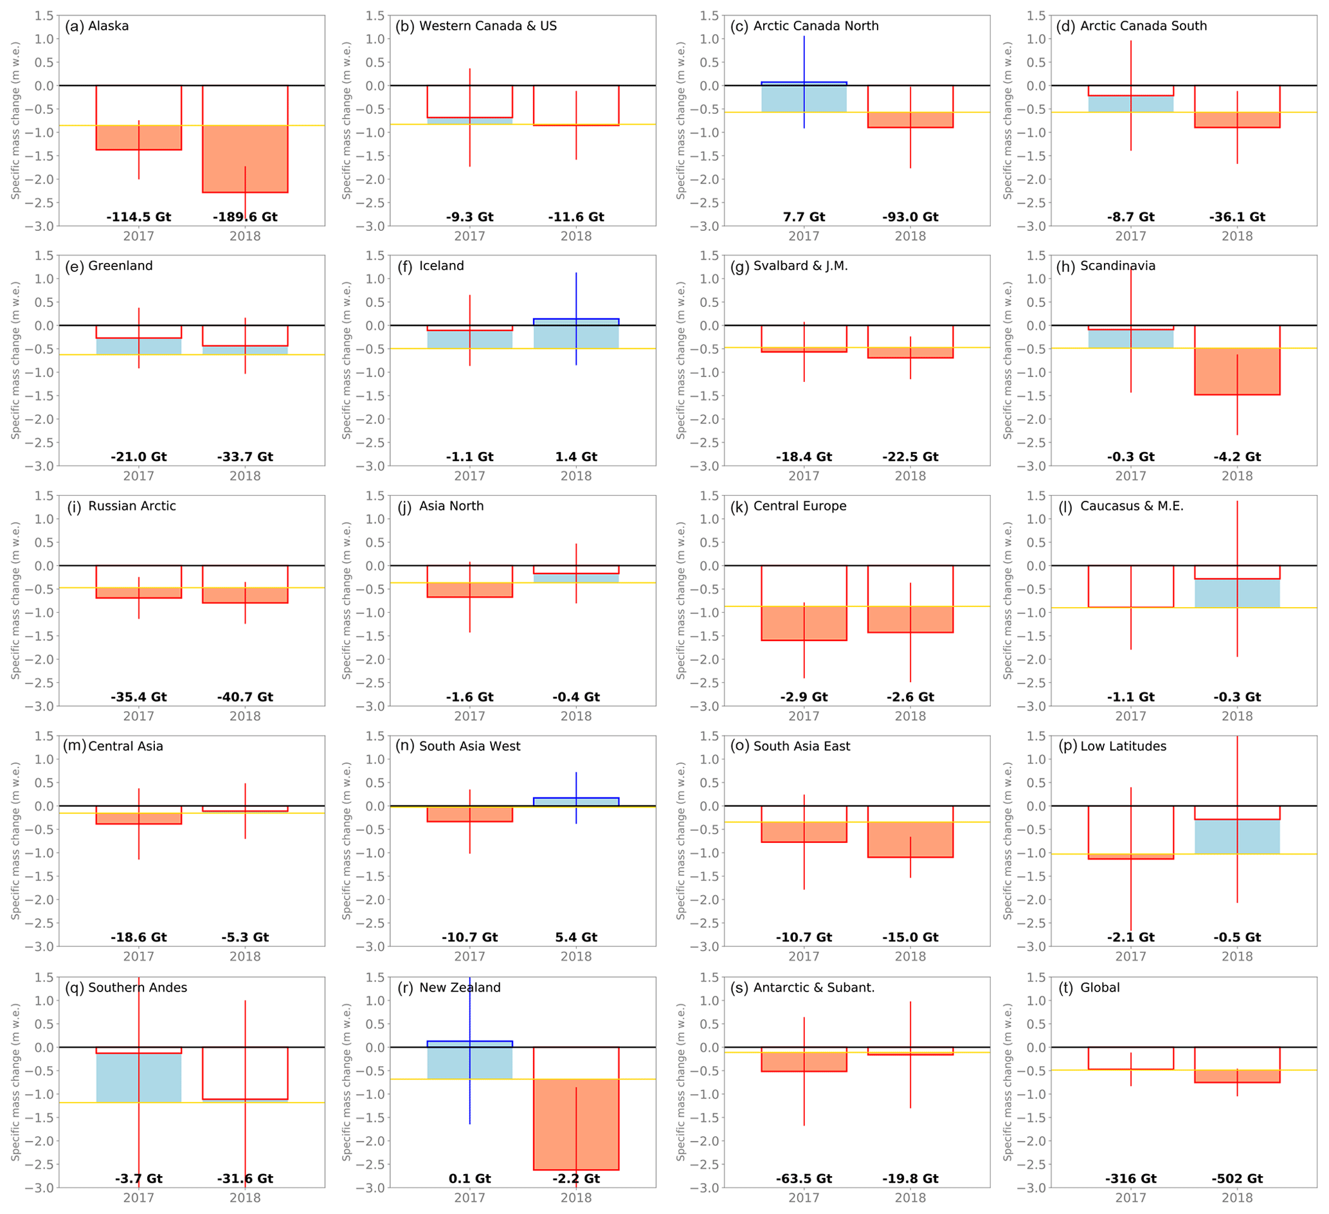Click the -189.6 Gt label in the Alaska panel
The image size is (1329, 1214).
click(x=244, y=217)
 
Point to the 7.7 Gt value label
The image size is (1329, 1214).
click(x=804, y=217)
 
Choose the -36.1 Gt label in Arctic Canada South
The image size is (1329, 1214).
click(x=1236, y=217)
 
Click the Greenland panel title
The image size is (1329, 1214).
click(x=109, y=266)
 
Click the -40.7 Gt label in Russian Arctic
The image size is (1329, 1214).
click(x=244, y=697)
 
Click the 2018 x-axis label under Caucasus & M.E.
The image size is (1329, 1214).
click(x=1236, y=716)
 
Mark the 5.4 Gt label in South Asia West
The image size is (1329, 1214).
click(x=575, y=937)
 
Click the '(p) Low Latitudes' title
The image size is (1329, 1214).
click(x=1112, y=747)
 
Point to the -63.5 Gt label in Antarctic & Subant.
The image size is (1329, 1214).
click(x=804, y=1179)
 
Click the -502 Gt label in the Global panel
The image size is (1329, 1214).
click(x=1236, y=1179)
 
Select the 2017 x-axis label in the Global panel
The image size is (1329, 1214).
click(x=1130, y=1197)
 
